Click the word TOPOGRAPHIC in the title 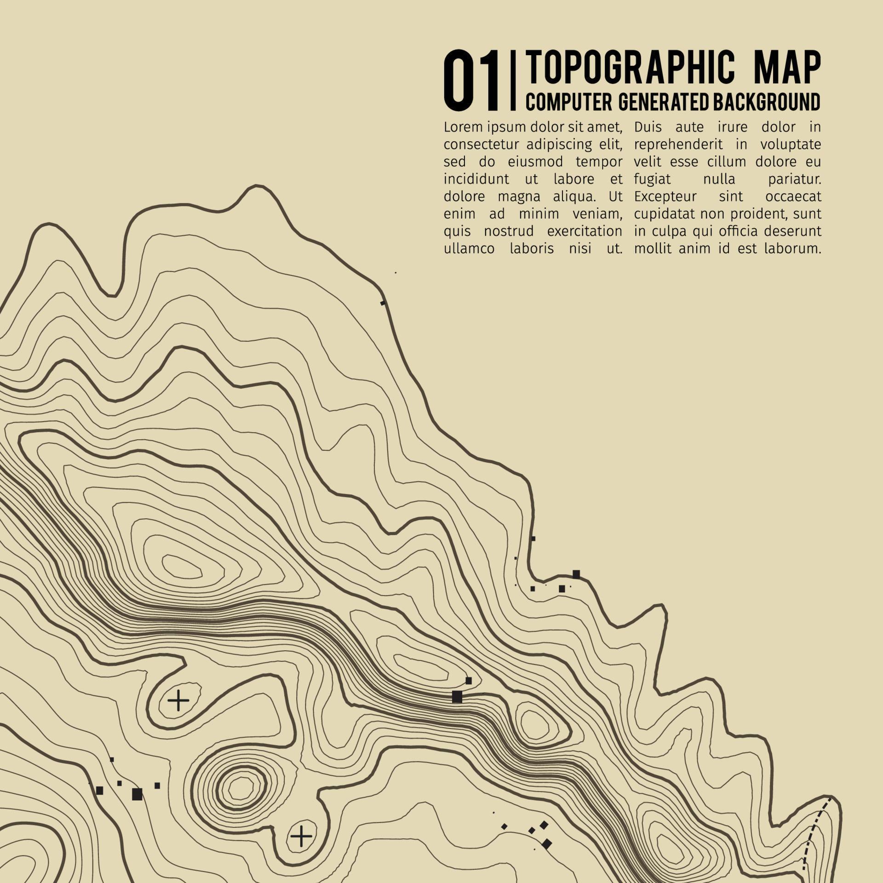click(630, 68)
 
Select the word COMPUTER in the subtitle click(568, 102)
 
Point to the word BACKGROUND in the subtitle click(767, 102)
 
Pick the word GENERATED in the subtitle click(664, 102)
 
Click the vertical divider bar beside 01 click(513, 81)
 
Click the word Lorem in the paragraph click(463, 126)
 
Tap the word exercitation click(584, 231)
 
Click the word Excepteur click(665, 196)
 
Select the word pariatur click(794, 179)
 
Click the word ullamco click(469, 249)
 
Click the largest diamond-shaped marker click(546, 843)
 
